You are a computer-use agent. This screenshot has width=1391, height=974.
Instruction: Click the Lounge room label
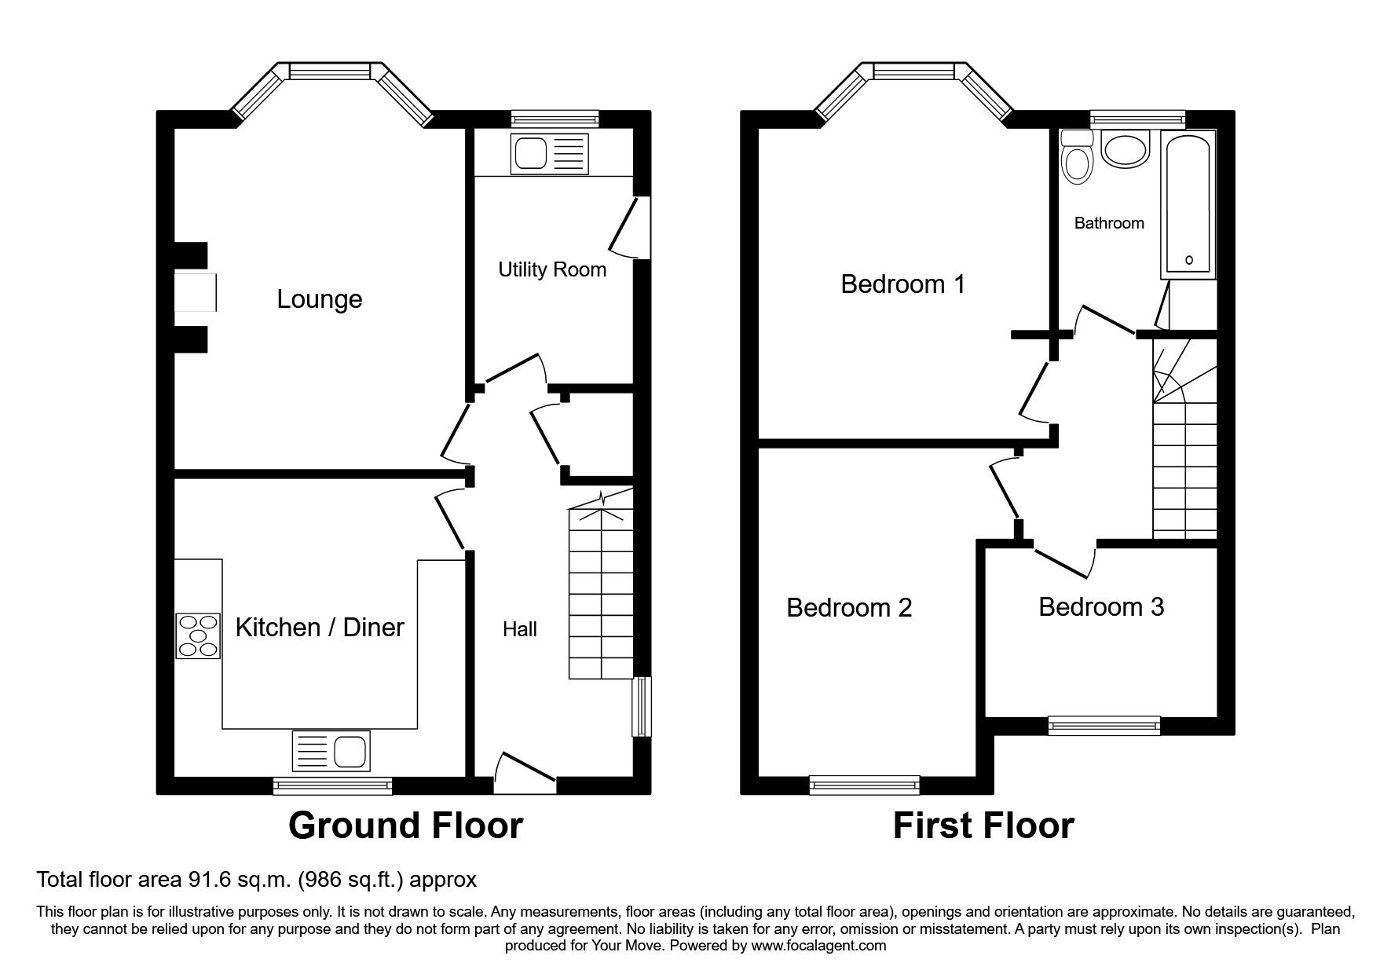[320, 299]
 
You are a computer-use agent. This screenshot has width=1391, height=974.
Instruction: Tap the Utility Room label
[552, 270]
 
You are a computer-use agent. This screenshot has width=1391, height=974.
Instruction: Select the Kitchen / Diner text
[320, 628]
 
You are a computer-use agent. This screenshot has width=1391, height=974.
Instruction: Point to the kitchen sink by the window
[331, 750]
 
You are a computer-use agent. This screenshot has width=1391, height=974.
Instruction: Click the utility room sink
[549, 153]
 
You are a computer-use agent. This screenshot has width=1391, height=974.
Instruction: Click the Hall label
[520, 629]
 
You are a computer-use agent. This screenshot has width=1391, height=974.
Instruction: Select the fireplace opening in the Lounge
[195, 291]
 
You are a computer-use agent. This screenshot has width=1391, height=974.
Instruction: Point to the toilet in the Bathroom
[1076, 159]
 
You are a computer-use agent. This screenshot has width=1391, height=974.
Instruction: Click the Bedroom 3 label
[1101, 607]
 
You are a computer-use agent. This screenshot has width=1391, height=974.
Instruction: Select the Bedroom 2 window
[864, 784]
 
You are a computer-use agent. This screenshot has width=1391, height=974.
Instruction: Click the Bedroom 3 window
[1104, 726]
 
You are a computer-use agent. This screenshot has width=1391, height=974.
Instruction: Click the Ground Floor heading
[405, 826]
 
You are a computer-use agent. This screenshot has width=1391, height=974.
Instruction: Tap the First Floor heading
[983, 826]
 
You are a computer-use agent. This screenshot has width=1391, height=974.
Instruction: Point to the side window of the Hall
[642, 706]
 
